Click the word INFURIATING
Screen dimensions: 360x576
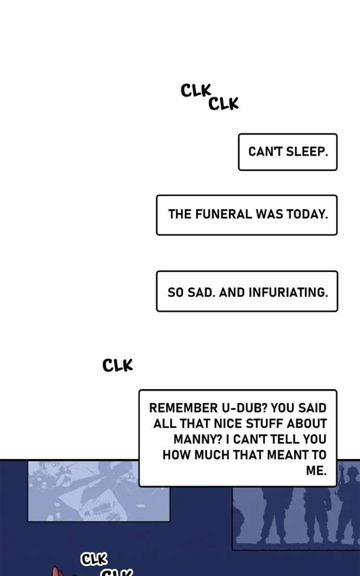point(289,292)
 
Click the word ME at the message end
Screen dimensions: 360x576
point(316,471)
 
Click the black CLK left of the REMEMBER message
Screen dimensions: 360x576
point(117,365)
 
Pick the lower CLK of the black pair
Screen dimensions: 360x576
point(223,104)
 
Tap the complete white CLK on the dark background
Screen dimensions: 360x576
point(94,559)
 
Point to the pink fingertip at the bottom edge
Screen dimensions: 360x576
point(56,571)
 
